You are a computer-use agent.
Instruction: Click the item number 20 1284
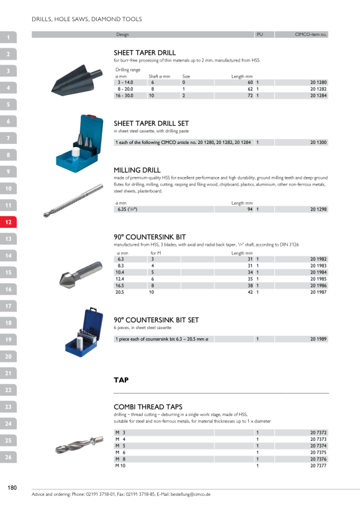318,96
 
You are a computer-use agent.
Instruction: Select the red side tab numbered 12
8,222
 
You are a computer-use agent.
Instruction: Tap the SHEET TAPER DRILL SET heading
151,124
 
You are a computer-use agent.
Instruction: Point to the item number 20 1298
318,209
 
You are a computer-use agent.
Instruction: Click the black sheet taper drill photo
76,79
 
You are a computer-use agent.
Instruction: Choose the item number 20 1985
318,279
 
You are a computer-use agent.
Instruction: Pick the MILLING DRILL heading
137,170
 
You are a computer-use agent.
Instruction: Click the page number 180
12,487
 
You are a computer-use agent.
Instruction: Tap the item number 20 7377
318,466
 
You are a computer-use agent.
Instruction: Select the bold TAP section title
121,380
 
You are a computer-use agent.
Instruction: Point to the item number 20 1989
318,339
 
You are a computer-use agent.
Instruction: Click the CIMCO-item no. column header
310,34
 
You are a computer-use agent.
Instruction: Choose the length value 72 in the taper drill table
250,96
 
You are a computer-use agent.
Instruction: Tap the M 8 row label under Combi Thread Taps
120,459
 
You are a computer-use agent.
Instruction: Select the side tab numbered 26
8,457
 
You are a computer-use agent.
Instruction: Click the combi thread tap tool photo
79,444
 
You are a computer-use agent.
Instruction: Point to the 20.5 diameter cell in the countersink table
119,292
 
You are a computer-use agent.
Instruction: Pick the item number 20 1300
318,142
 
